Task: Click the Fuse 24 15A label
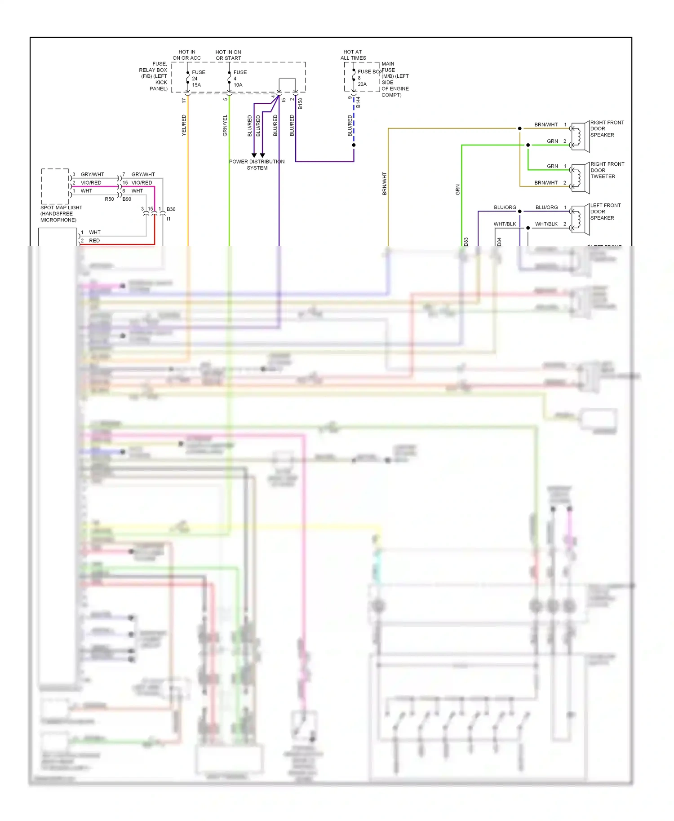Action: [x=198, y=78]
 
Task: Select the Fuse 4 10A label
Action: [x=239, y=78]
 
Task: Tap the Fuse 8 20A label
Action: [x=363, y=78]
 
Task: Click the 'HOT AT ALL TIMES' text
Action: [x=353, y=55]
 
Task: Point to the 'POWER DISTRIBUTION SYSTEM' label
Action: [x=257, y=164]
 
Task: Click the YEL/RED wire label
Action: [x=184, y=125]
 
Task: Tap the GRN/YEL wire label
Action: [x=225, y=125]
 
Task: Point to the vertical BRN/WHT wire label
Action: [x=384, y=183]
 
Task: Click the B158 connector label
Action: [x=300, y=104]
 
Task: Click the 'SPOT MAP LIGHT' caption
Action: [x=61, y=207]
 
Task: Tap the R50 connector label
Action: [x=109, y=199]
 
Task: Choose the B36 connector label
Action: [x=171, y=209]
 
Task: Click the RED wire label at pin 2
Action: [x=94, y=241]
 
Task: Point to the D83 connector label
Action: [x=466, y=242]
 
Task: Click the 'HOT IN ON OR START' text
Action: [x=228, y=55]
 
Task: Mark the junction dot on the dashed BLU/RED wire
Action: [x=354, y=145]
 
